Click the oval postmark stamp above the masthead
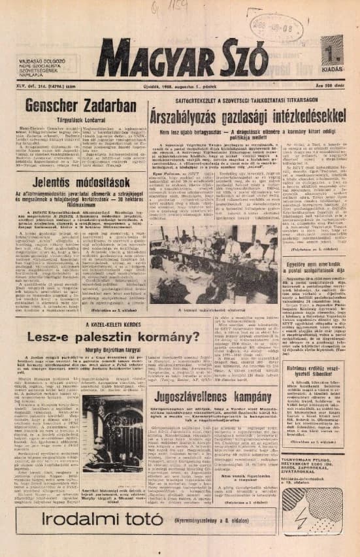(271, 28)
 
